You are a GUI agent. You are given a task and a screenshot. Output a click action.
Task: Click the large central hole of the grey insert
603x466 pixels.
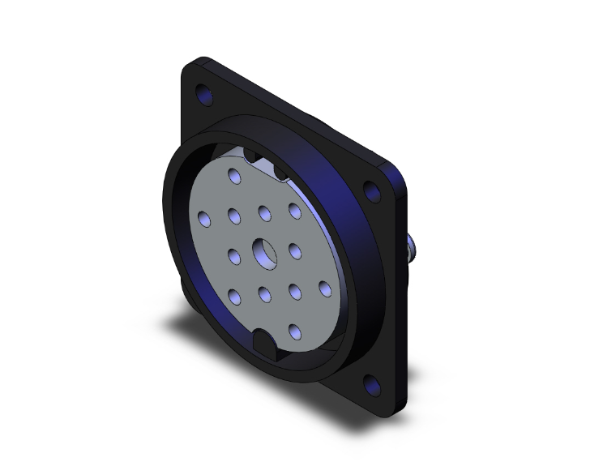coord(264,252)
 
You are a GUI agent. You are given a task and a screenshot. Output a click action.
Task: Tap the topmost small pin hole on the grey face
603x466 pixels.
coord(235,177)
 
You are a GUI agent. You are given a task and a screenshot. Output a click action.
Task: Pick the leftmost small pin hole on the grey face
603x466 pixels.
coord(204,217)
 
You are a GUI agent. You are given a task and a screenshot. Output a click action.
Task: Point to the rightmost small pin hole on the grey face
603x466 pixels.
coord(324,288)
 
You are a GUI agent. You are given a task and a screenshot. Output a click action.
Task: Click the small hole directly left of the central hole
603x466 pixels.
coord(234,257)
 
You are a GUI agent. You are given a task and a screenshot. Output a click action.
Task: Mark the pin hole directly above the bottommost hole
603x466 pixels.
coord(294,289)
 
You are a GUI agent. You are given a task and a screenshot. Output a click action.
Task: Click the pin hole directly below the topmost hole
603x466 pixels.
coord(234,216)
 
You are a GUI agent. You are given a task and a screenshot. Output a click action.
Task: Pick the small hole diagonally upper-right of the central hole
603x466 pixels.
coord(294,211)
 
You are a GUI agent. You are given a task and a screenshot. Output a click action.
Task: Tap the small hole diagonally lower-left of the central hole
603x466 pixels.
coord(235,295)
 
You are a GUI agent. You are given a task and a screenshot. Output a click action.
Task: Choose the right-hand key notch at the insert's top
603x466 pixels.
coord(283,171)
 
